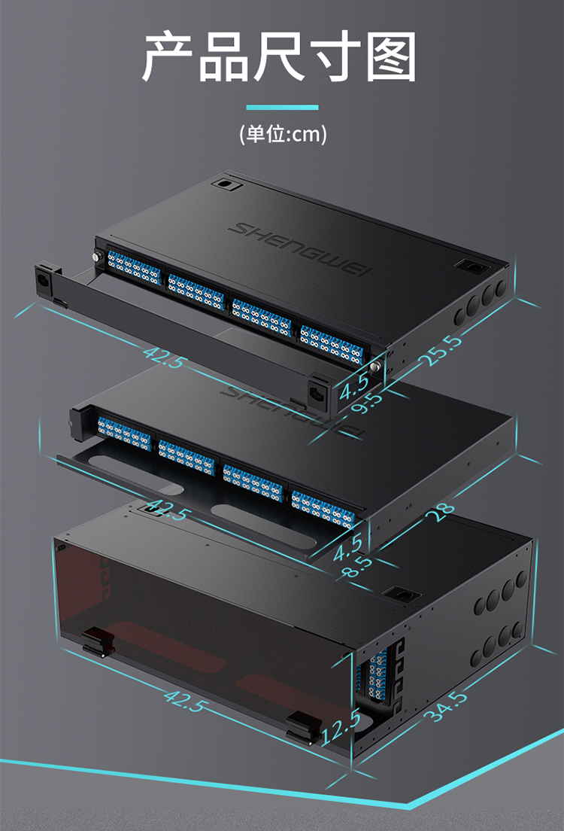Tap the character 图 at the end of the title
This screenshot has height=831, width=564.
391,56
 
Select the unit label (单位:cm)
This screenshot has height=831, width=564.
283,133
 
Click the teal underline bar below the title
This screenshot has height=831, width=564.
282,108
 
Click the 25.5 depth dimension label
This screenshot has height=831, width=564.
441,350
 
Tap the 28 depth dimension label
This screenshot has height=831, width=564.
443,511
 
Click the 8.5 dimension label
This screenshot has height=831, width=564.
356,567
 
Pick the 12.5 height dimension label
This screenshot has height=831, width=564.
341,727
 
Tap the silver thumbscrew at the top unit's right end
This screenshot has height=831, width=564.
375,367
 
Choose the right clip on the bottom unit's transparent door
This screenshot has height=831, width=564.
303,727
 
